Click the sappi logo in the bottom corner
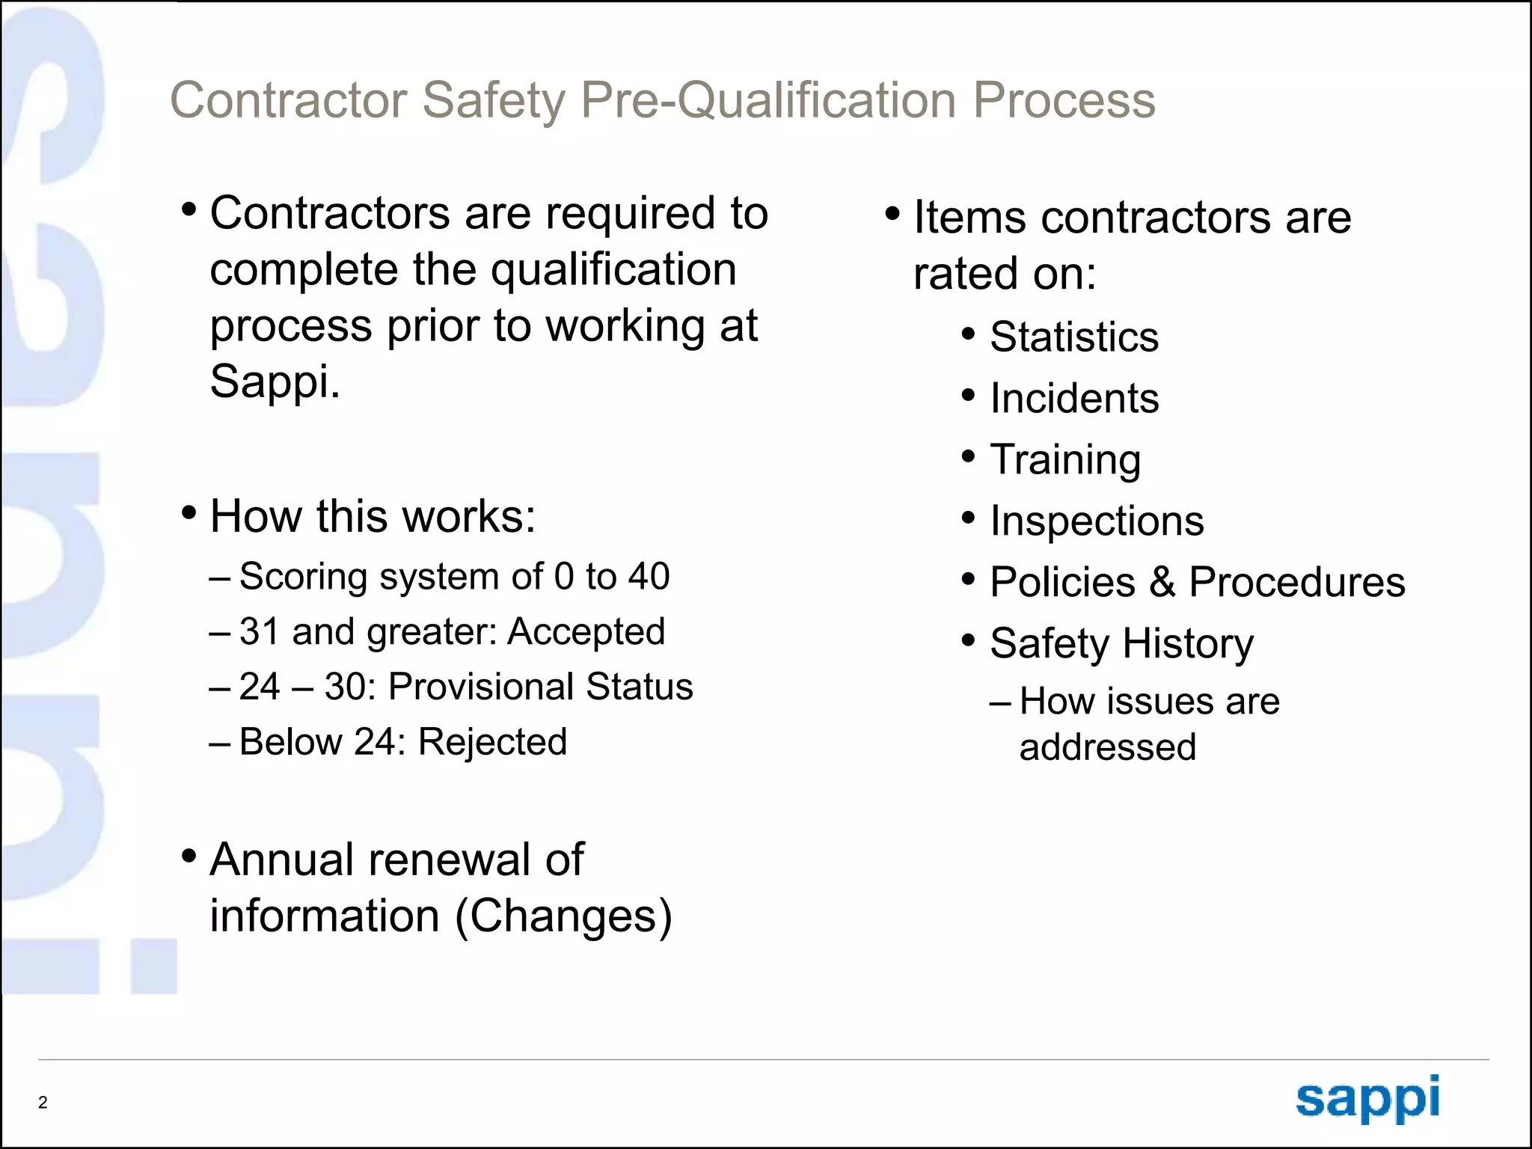pos(1367,1098)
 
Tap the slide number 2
pos(43,1102)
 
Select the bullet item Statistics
pos(1074,337)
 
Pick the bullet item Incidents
pos(1074,398)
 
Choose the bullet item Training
pos(1065,460)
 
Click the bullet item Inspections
pos(1097,521)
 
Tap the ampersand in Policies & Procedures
pos(1162,582)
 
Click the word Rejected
pos(492,742)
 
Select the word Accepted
pos(586,632)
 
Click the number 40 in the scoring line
pos(649,577)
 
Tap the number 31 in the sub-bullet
pos(260,632)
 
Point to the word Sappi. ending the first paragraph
pos(275,383)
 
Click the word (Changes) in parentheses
pos(563,916)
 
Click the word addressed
pos(1107,747)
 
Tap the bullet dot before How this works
pos(189,513)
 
